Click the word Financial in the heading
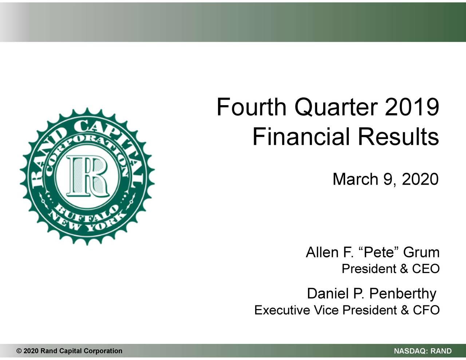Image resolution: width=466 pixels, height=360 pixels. [301, 137]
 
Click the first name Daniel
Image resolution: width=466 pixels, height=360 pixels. [326, 293]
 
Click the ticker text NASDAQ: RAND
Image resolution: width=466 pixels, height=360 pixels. [423, 351]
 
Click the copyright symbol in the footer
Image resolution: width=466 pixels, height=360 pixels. [19, 351]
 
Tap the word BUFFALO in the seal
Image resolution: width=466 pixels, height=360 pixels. [87, 213]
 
